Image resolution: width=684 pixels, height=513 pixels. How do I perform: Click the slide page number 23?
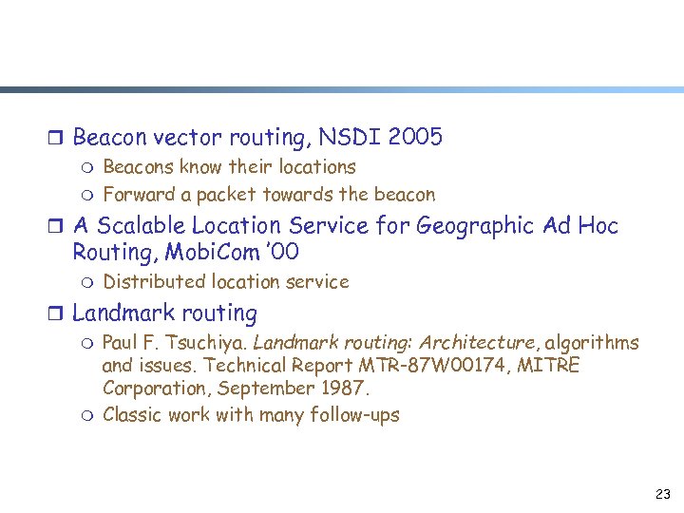pyautogui.click(x=663, y=495)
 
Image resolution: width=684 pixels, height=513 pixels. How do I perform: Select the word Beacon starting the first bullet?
pyautogui.click(x=108, y=138)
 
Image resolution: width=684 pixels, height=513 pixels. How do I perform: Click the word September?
pyautogui.click(x=260, y=389)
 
